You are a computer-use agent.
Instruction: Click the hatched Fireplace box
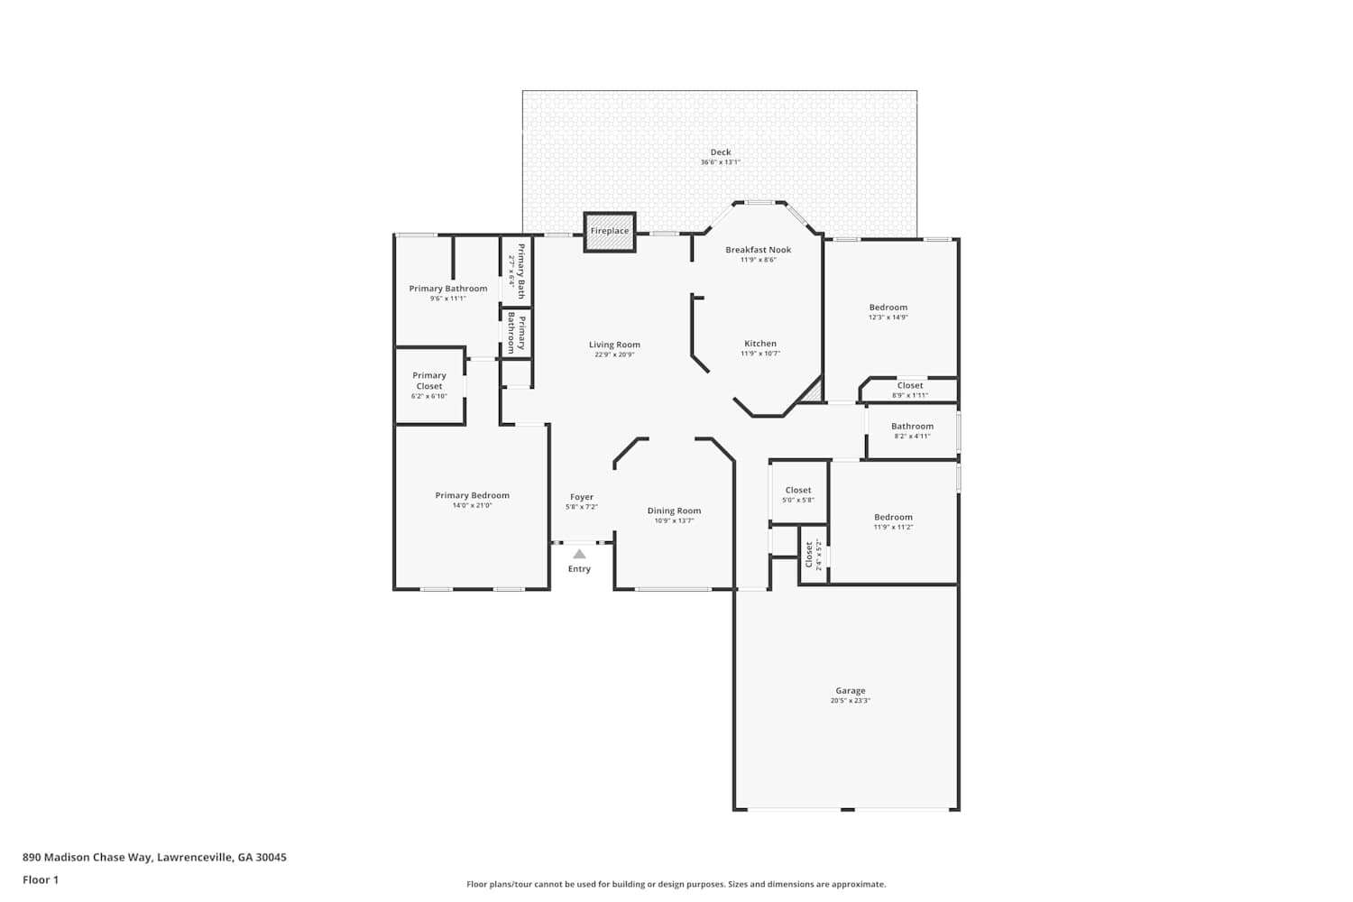[x=610, y=232]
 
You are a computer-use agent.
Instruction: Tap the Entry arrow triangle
[x=579, y=554]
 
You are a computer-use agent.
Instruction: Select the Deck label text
[x=720, y=152]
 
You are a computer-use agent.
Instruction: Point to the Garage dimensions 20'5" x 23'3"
[x=850, y=701]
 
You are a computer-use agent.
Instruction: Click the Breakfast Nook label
[x=758, y=250]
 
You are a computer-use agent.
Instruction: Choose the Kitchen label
[x=759, y=344]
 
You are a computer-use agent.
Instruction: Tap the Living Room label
[x=614, y=345]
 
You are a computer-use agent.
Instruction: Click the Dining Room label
[x=674, y=511]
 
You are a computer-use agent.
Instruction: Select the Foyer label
[x=582, y=497]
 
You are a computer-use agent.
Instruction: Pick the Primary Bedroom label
[x=472, y=495]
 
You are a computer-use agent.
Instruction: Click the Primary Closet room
[x=429, y=385]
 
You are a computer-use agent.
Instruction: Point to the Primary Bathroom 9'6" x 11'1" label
[x=447, y=292]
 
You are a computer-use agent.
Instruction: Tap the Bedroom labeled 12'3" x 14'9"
[x=888, y=311]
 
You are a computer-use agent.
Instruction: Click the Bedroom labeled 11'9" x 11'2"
[x=893, y=521]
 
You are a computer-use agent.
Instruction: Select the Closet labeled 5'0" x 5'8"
[x=797, y=494]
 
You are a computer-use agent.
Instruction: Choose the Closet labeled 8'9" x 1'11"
[x=909, y=390]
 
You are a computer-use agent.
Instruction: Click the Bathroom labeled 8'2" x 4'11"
[x=912, y=430]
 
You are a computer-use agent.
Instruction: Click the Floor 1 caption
[x=41, y=880]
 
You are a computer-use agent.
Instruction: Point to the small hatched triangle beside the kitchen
[x=813, y=392]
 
